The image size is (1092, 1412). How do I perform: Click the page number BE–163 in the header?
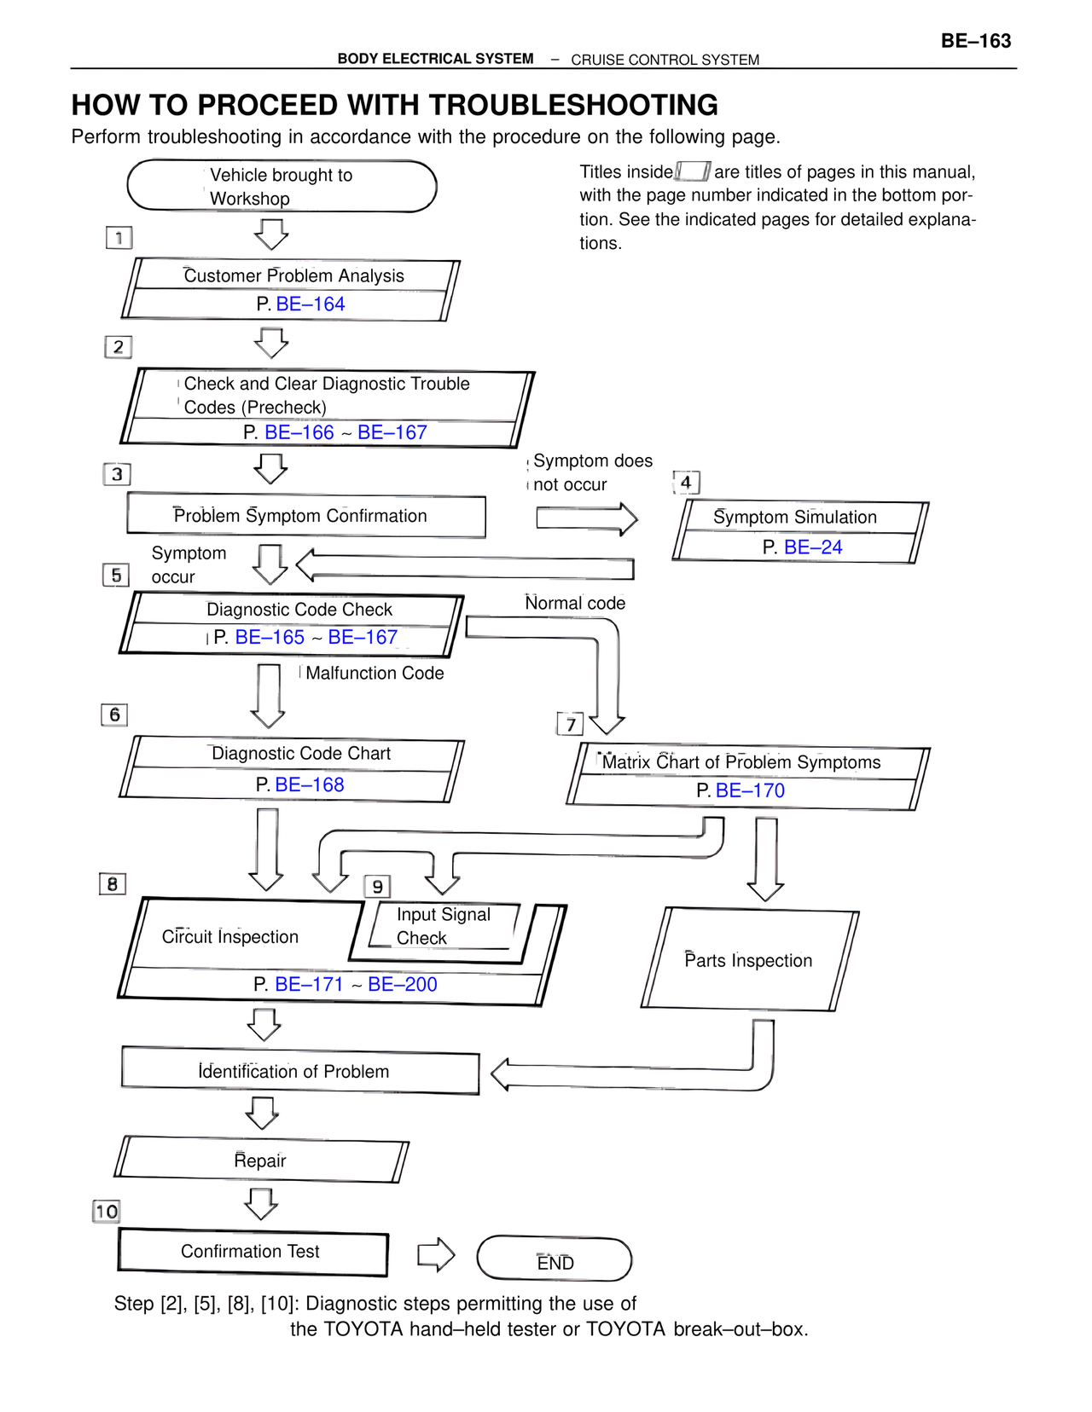(975, 41)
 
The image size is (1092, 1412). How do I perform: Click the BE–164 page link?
(311, 304)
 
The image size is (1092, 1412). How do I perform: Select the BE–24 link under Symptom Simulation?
(812, 547)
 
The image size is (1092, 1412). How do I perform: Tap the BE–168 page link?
(310, 784)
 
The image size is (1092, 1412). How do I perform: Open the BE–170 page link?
(750, 790)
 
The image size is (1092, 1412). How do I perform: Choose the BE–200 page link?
(402, 984)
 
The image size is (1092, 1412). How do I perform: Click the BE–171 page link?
(309, 984)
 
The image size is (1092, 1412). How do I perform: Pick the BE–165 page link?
(270, 637)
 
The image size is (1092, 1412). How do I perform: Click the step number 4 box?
(686, 483)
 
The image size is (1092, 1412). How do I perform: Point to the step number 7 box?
(571, 724)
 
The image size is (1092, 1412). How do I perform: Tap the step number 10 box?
(107, 1211)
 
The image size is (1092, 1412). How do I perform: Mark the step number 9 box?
(377, 887)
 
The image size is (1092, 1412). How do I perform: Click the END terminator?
(555, 1259)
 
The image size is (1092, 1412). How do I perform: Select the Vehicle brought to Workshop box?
(282, 186)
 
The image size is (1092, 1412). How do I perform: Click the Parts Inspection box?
(749, 960)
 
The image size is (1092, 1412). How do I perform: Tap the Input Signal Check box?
(443, 926)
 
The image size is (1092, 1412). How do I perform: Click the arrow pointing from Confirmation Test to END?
(436, 1254)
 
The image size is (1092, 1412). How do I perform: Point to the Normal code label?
(575, 603)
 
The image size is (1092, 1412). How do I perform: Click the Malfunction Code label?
(375, 673)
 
